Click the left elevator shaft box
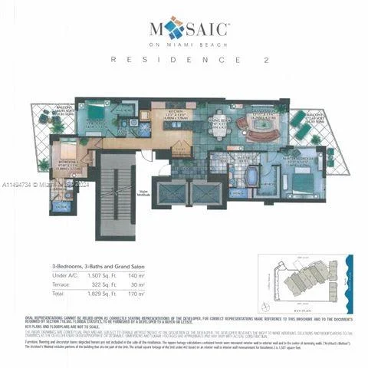point(168,192)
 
